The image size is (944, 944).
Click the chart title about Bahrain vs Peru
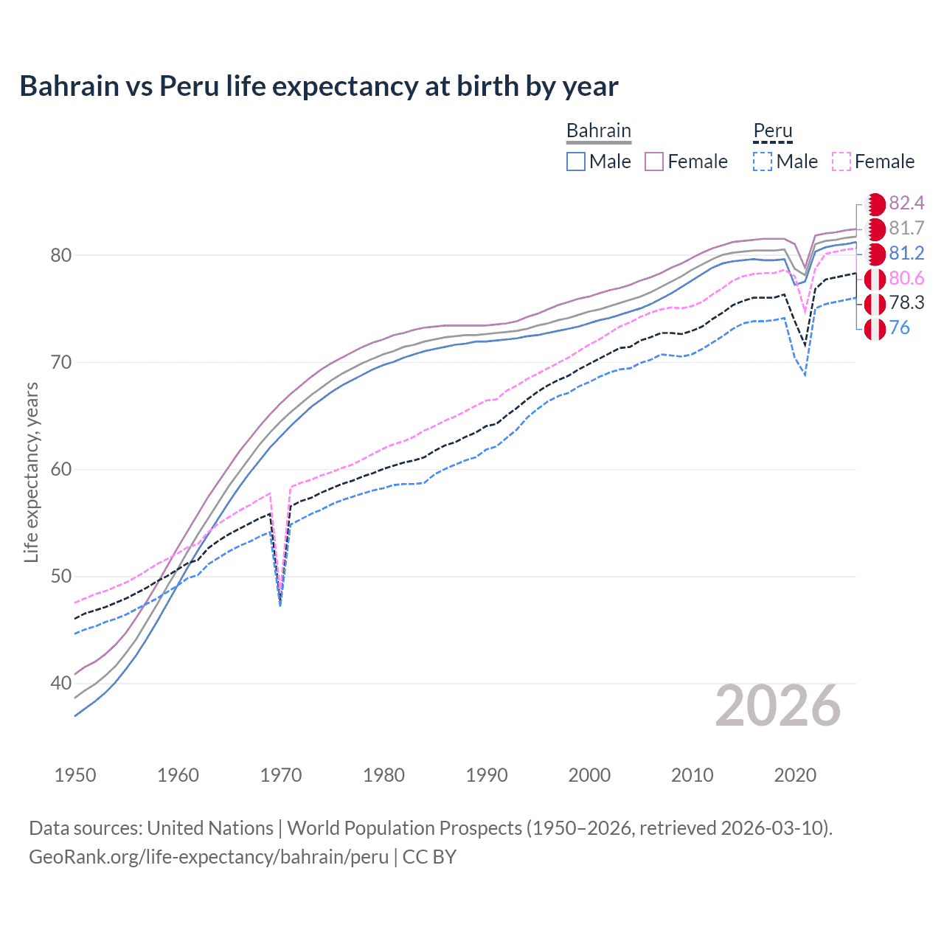point(319,86)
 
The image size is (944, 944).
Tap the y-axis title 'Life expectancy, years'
point(31,472)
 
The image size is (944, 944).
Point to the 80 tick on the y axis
point(61,255)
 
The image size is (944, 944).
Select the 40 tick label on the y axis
point(61,683)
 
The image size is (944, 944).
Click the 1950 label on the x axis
point(75,775)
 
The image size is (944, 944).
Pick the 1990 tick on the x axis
point(487,775)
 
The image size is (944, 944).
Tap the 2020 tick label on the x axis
point(795,775)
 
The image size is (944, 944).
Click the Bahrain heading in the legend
point(598,131)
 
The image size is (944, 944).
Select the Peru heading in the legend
point(772,131)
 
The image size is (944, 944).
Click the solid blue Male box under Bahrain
point(576,162)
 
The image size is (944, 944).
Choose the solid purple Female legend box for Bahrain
point(654,162)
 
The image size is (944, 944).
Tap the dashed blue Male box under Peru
point(763,162)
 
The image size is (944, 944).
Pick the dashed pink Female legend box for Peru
point(841,162)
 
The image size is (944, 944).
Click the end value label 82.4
point(906,204)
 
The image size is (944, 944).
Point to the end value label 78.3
point(906,302)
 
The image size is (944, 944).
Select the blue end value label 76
point(899,327)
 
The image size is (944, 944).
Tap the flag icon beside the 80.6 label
point(875,279)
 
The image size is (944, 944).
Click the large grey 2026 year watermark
point(778,706)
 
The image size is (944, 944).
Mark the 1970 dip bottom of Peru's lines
point(280,603)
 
